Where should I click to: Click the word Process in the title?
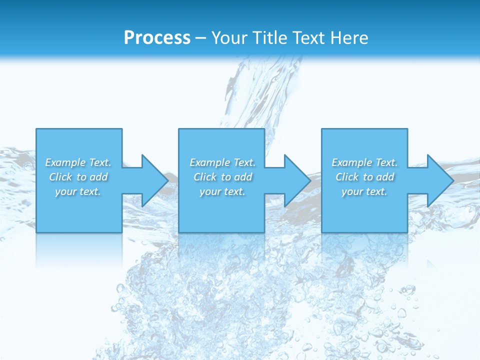coord(157,38)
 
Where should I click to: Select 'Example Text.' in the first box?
coord(78,162)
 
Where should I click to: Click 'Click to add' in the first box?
coord(78,177)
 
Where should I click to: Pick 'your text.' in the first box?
coord(78,191)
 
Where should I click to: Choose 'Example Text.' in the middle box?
coord(222,162)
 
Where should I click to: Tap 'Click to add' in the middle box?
coord(222,177)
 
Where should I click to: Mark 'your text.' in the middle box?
coord(222,191)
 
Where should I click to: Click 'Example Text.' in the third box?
coord(364,162)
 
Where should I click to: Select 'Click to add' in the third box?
coord(364,177)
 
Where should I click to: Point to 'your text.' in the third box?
coord(364,191)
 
